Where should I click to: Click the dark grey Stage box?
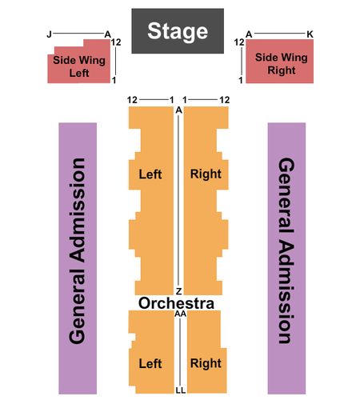[x=178, y=31]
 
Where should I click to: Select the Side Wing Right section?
[x=279, y=62]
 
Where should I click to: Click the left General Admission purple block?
[x=78, y=258]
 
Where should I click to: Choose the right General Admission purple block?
[x=286, y=258]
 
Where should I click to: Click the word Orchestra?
[x=176, y=303]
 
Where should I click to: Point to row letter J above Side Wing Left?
[x=49, y=34]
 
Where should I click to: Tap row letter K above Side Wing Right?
[x=310, y=34]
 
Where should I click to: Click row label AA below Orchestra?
[x=181, y=314]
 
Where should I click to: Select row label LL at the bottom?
[x=181, y=390]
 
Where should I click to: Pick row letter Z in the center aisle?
[x=178, y=291]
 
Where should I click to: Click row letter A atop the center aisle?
[x=178, y=110]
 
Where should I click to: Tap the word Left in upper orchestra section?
[x=150, y=174]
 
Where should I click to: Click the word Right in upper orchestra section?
[x=206, y=174]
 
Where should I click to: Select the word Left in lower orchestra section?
[x=150, y=363]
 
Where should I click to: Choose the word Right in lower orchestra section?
[x=206, y=363]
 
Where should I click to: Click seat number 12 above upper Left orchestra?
[x=132, y=100]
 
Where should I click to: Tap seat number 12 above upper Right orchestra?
[x=225, y=100]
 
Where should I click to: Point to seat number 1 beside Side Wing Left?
[x=114, y=80]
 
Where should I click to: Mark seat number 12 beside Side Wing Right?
[x=239, y=42]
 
